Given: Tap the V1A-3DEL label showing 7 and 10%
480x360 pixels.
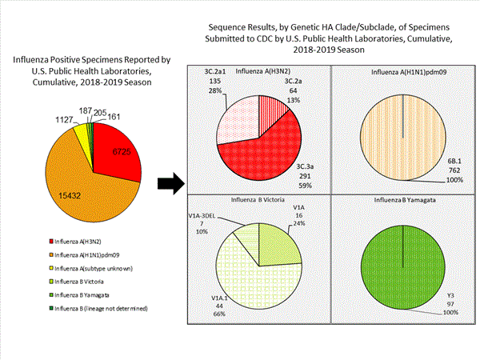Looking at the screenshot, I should (202, 227).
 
